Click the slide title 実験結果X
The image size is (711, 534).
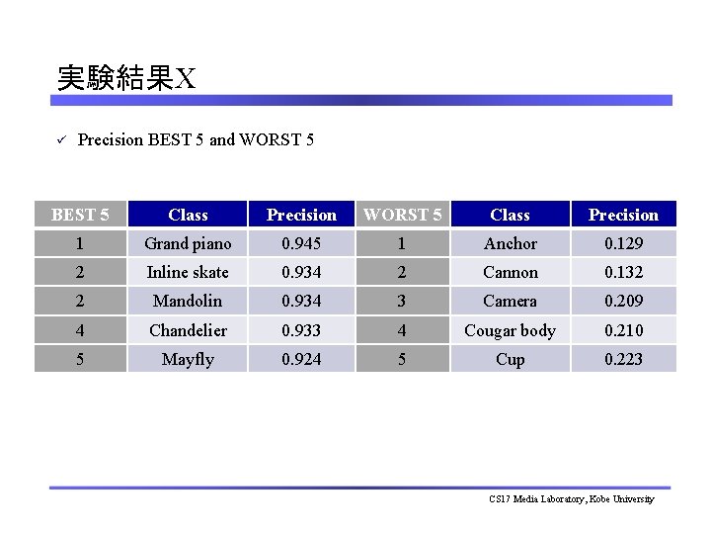pos(126,78)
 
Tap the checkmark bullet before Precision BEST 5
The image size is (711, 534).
pos(60,139)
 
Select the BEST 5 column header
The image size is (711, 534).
pos(80,215)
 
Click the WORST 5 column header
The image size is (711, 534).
pos(403,215)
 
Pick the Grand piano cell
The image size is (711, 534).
pos(188,243)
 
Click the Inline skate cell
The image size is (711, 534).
pos(188,272)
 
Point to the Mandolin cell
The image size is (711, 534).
pos(188,301)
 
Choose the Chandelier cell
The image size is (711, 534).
pos(188,330)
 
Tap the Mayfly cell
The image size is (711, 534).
pos(188,359)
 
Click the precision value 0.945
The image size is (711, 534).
pos(301,243)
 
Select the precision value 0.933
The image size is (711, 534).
pos(301,330)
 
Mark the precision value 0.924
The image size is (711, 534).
pos(301,359)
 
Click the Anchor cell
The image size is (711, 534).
pos(511,243)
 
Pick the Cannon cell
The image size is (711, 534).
pos(511,272)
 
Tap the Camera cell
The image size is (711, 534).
pos(511,301)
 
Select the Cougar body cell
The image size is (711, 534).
pos(511,330)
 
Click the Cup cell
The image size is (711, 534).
pos(511,359)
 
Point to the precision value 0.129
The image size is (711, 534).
pos(623,243)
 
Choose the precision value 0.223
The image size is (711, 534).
pos(623,359)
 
